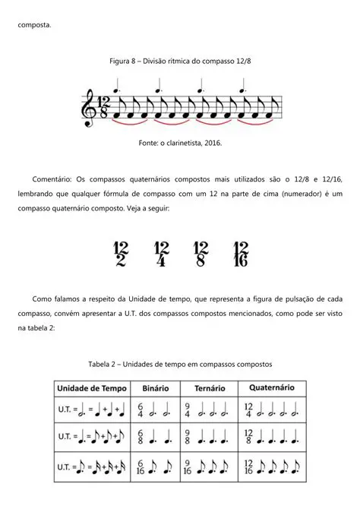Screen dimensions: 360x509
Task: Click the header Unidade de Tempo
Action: [93, 387]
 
